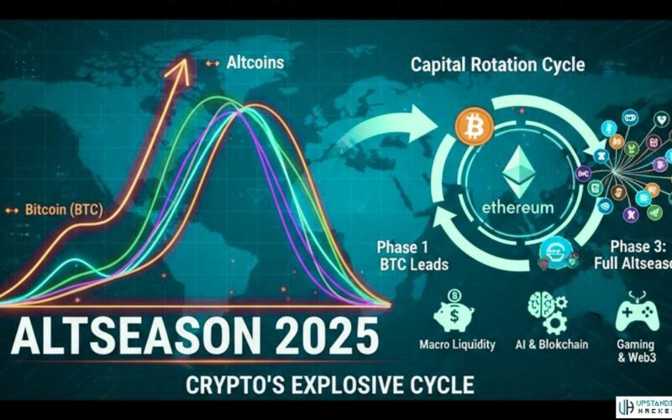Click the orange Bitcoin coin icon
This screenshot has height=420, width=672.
pyautogui.click(x=472, y=126)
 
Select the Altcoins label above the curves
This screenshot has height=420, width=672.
pyautogui.click(x=255, y=62)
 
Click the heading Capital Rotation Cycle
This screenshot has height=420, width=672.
pyautogui.click(x=499, y=65)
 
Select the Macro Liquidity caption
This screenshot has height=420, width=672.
pyautogui.click(x=456, y=345)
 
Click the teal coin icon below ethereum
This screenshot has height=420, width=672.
pyautogui.click(x=555, y=249)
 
